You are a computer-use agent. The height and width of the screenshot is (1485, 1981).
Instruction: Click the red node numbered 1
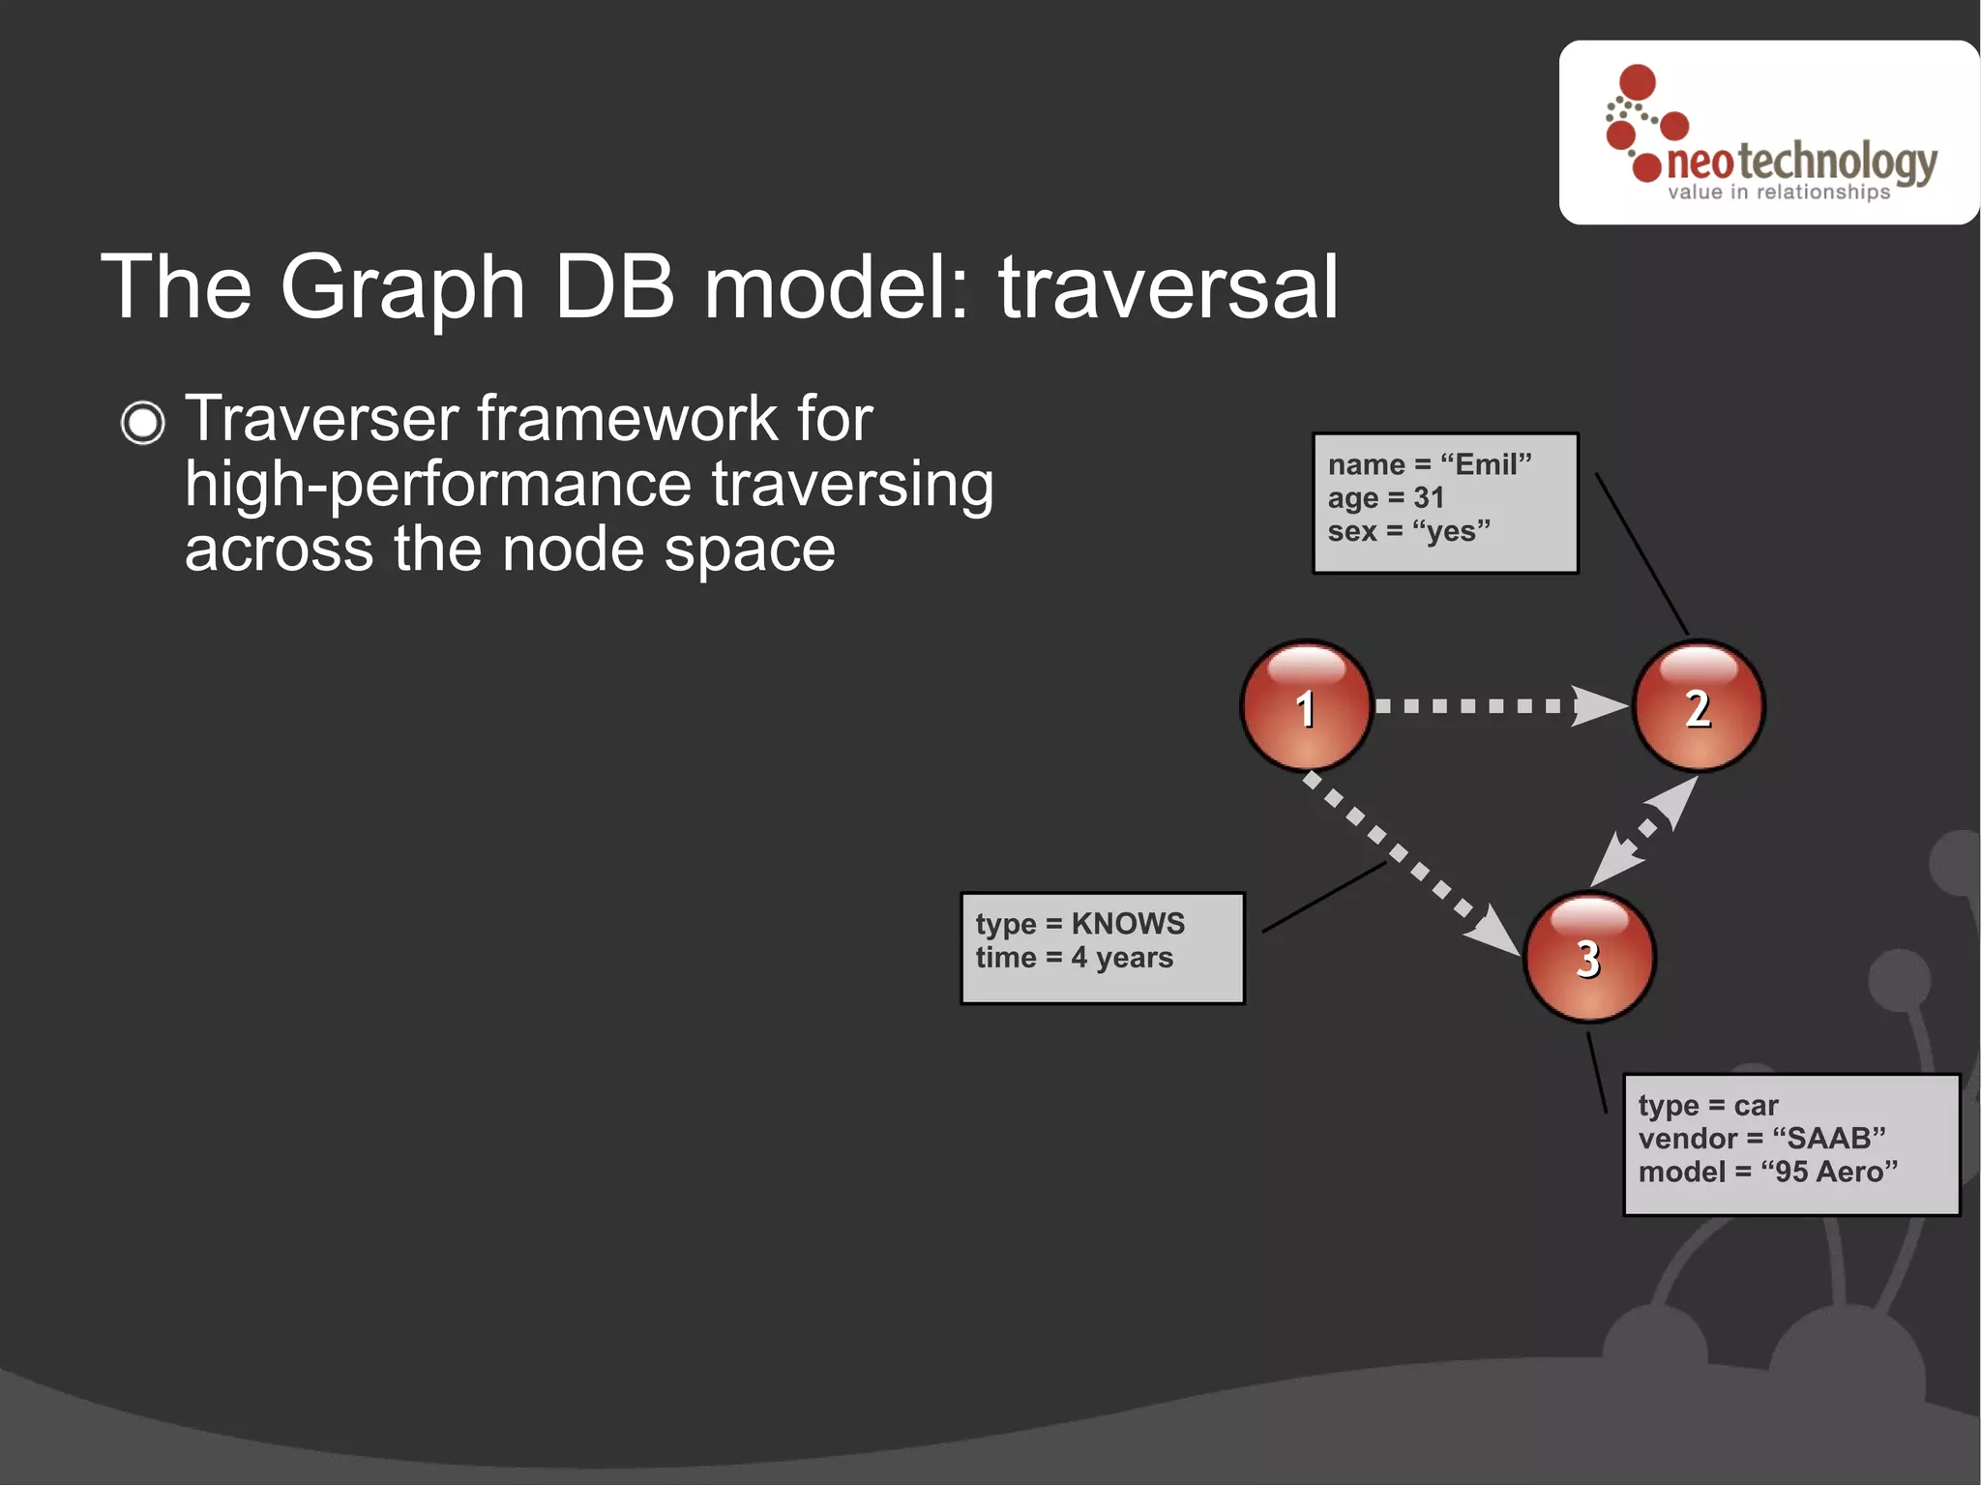click(1306, 706)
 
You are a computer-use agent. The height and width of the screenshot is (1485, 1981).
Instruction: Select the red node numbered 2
click(1699, 706)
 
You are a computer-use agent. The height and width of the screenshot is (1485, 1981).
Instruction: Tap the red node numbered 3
click(1589, 957)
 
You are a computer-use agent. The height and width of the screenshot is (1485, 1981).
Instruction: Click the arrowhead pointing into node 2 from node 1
click(1600, 705)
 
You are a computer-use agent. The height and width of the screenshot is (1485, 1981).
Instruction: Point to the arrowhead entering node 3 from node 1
click(1494, 932)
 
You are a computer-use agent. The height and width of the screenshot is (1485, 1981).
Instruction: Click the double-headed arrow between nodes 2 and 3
click(1644, 831)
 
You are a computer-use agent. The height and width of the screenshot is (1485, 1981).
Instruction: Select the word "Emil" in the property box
click(1486, 464)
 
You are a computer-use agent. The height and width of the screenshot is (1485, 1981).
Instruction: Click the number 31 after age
click(1429, 498)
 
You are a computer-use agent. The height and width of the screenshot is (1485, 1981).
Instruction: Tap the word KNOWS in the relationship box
click(1128, 924)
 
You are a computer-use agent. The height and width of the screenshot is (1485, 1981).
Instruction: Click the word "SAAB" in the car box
click(1828, 1139)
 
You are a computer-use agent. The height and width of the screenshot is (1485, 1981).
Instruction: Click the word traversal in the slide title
click(1168, 287)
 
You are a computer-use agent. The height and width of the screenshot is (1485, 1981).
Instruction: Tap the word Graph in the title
click(401, 289)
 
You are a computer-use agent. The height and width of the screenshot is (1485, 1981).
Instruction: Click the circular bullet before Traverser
click(143, 423)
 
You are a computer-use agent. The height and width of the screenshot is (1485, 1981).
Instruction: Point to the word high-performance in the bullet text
click(438, 485)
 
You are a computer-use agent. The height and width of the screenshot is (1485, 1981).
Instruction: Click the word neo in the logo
click(1700, 163)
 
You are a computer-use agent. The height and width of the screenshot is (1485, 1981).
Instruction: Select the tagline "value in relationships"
click(1778, 193)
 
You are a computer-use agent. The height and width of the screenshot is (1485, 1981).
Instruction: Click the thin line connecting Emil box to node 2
click(1641, 553)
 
